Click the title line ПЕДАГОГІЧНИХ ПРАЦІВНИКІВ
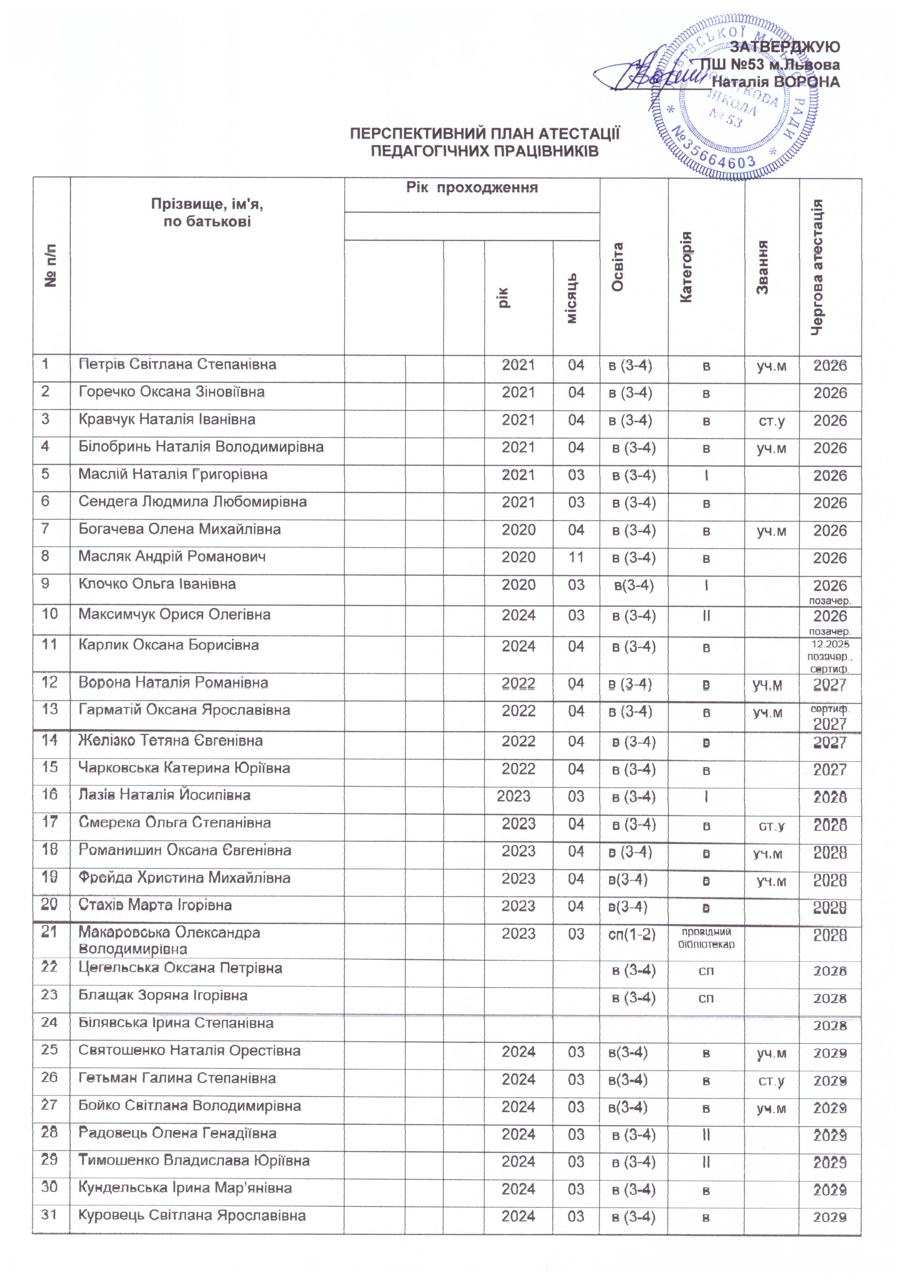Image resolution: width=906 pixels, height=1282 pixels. (x=485, y=151)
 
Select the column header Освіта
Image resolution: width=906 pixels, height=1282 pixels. (x=618, y=267)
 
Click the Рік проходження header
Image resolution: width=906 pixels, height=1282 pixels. (x=472, y=188)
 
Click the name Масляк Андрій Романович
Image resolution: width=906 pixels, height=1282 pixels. (x=172, y=557)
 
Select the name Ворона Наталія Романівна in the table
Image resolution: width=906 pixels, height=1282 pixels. (x=173, y=683)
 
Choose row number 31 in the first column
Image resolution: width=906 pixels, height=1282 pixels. (x=50, y=1215)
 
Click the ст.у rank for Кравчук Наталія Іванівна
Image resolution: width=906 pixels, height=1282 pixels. (x=772, y=420)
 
